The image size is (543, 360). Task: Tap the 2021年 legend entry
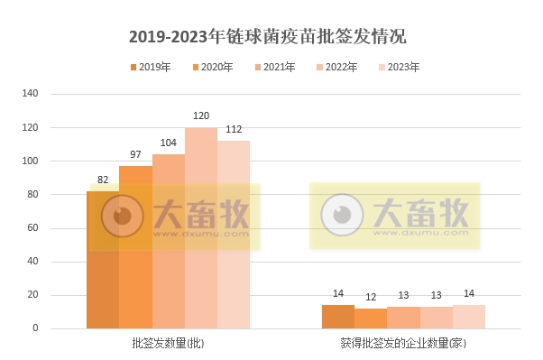275,67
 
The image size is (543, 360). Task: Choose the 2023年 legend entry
398,67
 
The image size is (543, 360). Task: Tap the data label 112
234,130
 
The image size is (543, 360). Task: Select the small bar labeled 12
371,318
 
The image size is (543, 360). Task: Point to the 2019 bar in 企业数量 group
338,317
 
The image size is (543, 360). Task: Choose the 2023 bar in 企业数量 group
469,317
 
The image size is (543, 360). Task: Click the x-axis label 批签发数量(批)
168,344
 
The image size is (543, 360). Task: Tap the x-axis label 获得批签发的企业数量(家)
403,344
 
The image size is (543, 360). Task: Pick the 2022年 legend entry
336,67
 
